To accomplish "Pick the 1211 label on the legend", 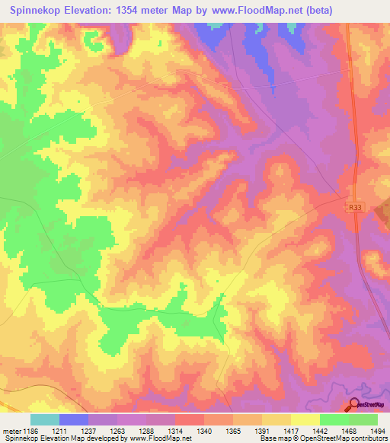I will pyautogui.click(x=60, y=431).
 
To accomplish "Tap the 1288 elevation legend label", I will pyautogui.click(x=147, y=431).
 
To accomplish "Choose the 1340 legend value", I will pyautogui.click(x=203, y=431).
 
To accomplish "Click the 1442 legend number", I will pyautogui.click(x=319, y=431).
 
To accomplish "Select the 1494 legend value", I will pyautogui.click(x=377, y=431).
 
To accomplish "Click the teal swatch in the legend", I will pyautogui.click(x=45, y=419).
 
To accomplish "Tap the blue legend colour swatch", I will pyautogui.click(x=74, y=419).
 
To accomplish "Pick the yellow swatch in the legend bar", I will pyautogui.click(x=305, y=419).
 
